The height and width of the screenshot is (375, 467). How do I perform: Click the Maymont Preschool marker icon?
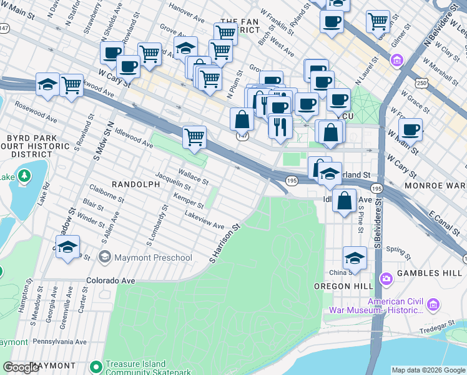pyautogui.click(x=104, y=257)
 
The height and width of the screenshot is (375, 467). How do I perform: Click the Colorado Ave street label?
pyautogui.click(x=111, y=281)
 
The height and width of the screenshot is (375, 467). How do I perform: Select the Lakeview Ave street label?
pyautogui.click(x=204, y=219)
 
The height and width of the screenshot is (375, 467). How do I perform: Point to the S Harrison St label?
pyautogui.click(x=225, y=243)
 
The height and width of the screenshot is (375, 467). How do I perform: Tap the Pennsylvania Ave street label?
pyautogui.click(x=60, y=342)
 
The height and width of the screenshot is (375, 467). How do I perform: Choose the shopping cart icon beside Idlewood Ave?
pyautogui.click(x=195, y=136)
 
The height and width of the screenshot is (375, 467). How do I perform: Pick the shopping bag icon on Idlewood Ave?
pyautogui.click(x=344, y=201)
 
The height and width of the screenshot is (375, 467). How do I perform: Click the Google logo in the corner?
pyautogui.click(x=22, y=367)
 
